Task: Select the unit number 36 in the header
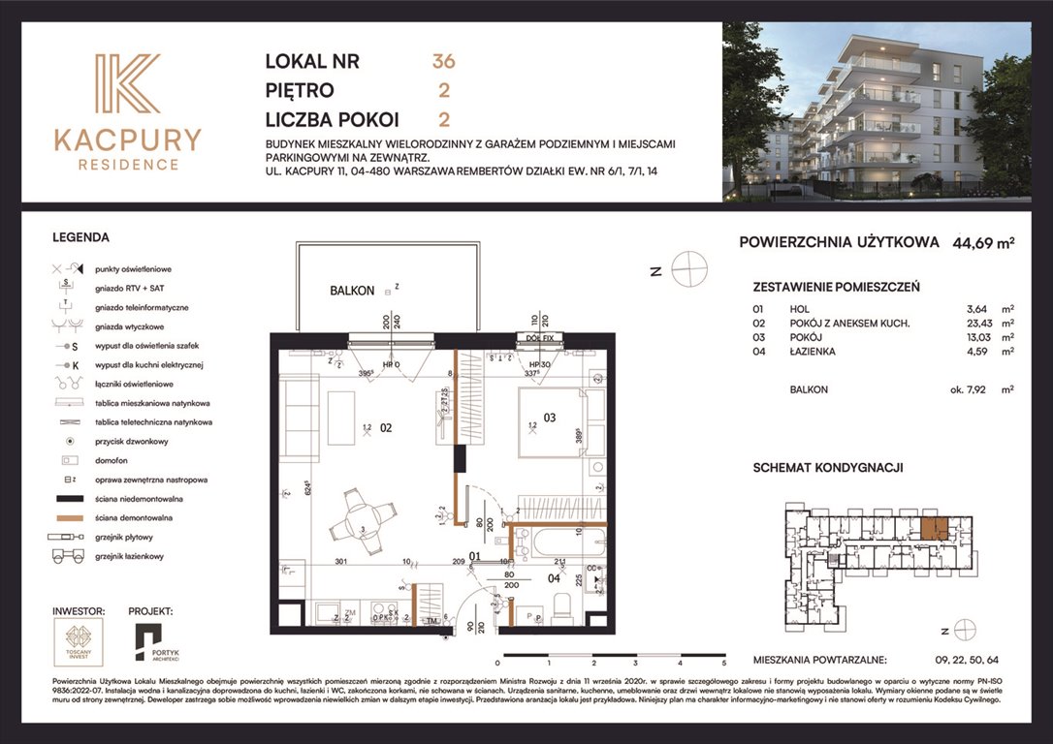point(444,61)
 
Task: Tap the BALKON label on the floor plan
point(351,290)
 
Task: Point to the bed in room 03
point(548,421)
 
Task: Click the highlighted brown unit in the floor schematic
point(934,529)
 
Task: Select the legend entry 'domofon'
point(112,460)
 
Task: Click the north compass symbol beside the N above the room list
point(689,268)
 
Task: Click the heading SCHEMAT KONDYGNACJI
point(828,467)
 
